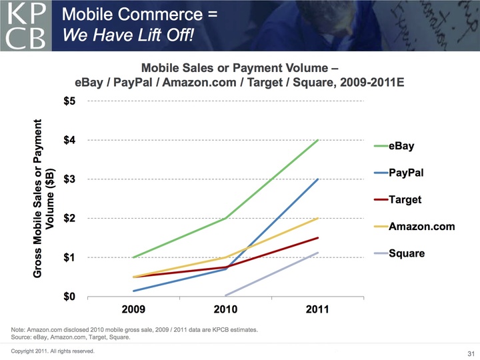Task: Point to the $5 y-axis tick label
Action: [x=69, y=101]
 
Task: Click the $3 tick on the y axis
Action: [x=69, y=179]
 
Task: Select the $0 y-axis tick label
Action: [x=69, y=297]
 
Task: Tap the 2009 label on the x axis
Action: [x=135, y=311]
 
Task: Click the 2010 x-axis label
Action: [x=227, y=311]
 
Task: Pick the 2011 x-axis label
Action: [x=318, y=311]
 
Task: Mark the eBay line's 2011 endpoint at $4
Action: [x=318, y=140]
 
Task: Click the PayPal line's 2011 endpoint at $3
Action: [x=318, y=179]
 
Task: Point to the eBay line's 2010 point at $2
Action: [x=227, y=218]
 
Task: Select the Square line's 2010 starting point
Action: [x=227, y=295]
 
